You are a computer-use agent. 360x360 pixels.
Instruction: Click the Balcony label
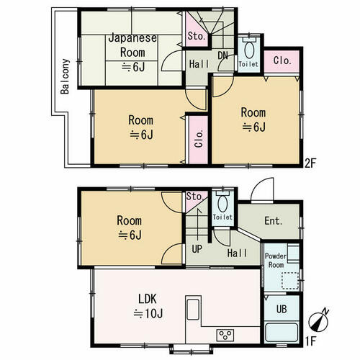click(65, 76)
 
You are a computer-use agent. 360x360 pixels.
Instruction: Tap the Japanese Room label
click(132, 45)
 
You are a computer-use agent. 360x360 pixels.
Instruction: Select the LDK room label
click(148, 299)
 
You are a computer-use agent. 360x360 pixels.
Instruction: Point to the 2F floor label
click(310, 163)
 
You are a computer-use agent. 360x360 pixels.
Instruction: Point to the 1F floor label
click(310, 341)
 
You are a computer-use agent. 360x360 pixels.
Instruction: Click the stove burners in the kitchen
click(225, 335)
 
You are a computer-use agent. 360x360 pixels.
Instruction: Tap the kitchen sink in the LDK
click(193, 310)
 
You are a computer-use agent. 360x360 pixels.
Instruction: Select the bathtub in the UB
click(282, 333)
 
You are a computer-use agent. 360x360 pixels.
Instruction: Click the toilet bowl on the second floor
click(249, 50)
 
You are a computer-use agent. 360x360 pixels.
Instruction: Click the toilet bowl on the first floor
click(222, 204)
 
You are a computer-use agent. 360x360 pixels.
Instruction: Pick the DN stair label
click(222, 55)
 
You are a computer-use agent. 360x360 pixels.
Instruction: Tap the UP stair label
click(197, 249)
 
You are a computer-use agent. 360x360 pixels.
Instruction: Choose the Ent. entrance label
click(274, 221)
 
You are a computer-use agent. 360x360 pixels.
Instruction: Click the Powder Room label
click(276, 261)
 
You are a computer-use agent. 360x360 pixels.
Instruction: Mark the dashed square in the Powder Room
click(290, 280)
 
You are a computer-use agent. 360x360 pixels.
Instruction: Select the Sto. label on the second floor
click(197, 36)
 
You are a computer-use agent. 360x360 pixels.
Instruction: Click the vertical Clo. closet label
click(199, 138)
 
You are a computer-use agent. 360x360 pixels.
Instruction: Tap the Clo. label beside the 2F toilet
click(282, 60)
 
